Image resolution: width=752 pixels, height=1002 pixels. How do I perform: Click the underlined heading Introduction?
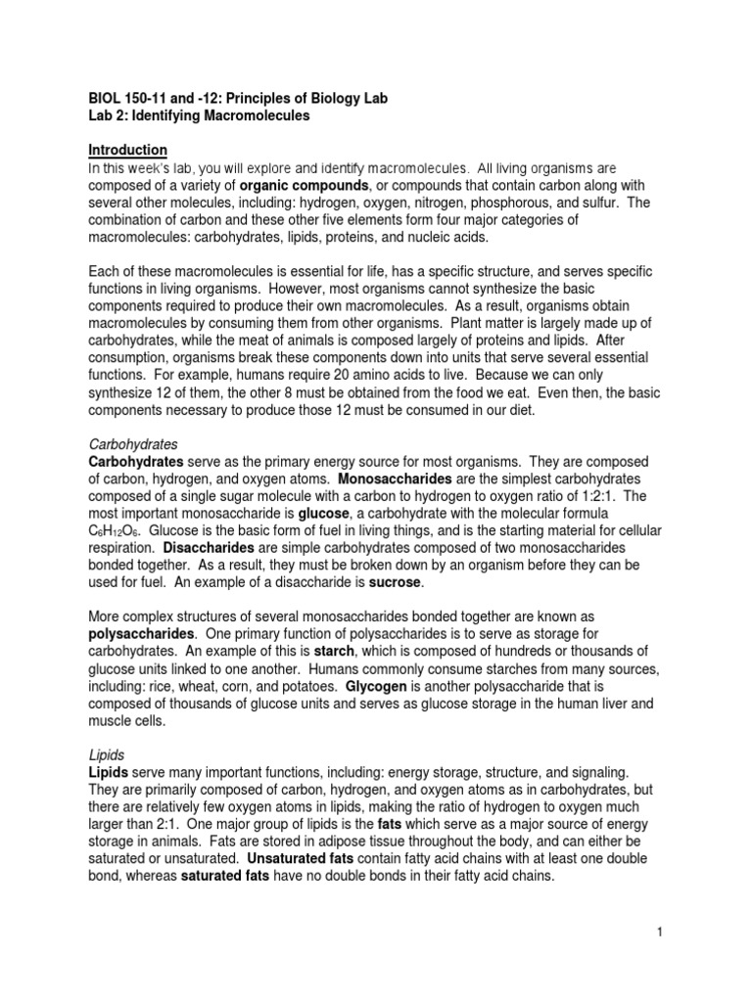(x=127, y=150)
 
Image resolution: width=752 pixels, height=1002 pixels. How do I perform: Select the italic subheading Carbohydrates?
(x=132, y=443)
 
